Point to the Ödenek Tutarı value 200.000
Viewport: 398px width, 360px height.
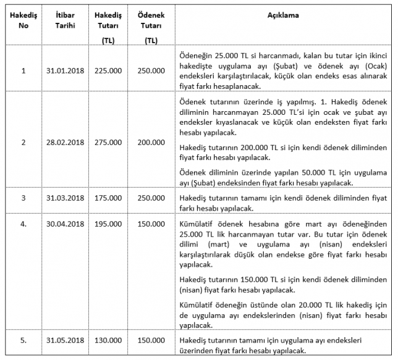click(151, 142)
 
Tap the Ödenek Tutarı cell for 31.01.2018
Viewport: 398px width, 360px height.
click(151, 70)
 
